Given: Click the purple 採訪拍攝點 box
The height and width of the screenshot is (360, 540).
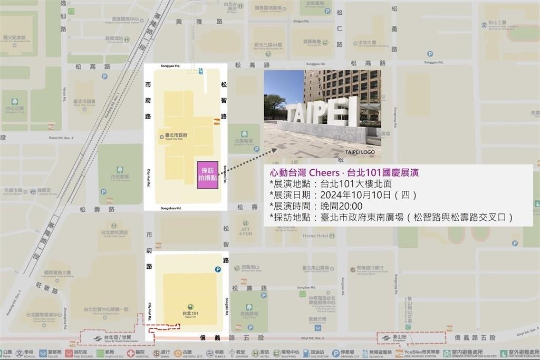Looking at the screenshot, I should (x=207, y=174).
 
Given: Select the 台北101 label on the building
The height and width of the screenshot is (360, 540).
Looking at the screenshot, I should (x=190, y=315).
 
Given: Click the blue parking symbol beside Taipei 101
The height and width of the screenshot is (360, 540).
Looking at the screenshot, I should (x=217, y=270).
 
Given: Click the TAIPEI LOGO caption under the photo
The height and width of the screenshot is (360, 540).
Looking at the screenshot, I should (x=360, y=152).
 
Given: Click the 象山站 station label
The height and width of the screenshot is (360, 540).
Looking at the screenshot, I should (x=396, y=337).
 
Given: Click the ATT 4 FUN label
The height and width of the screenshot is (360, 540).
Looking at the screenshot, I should (x=245, y=230).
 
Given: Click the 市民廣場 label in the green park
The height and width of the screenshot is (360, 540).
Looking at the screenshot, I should (x=120, y=178).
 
